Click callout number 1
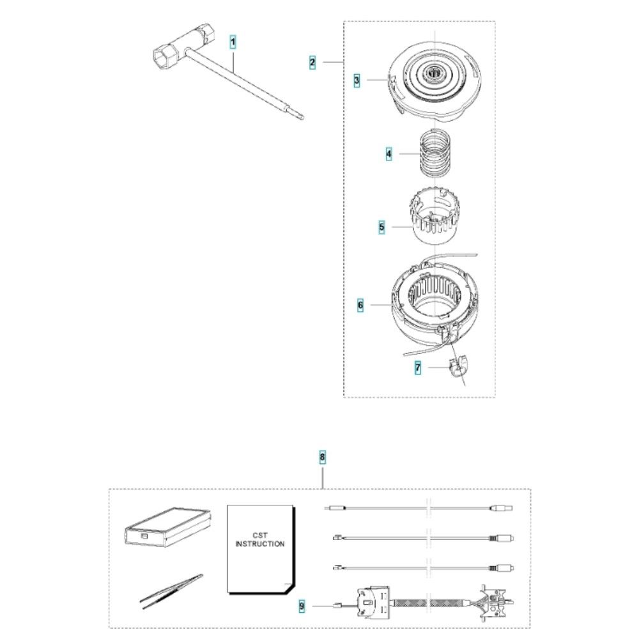point(233,42)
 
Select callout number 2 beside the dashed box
point(312,63)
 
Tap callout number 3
point(357,81)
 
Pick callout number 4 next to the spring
point(389,154)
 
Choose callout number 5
point(381,227)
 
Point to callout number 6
point(360,305)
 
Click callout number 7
point(418,368)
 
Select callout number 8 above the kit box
point(322,458)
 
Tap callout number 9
point(302,606)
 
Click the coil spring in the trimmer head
point(435,153)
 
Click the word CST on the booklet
point(260,535)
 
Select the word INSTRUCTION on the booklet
point(260,544)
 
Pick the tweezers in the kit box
point(171,591)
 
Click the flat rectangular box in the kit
point(167,527)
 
